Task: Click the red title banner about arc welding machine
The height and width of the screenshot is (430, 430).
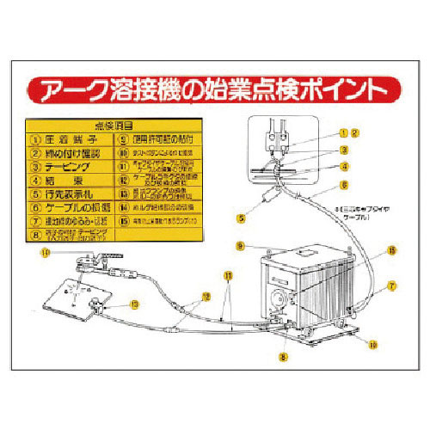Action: click(215, 88)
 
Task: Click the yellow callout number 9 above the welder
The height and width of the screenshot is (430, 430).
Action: click(242, 246)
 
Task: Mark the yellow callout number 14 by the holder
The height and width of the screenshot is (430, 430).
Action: click(46, 251)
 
